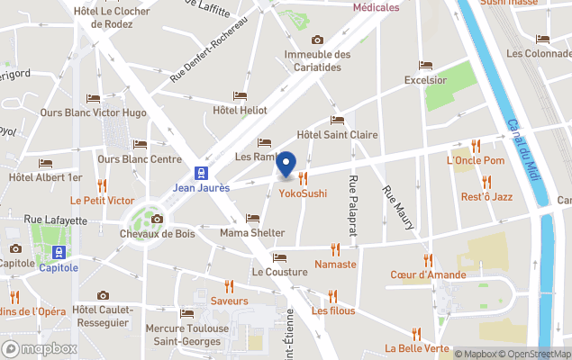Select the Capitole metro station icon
(59, 252)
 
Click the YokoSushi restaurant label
(303, 193)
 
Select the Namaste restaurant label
(335, 265)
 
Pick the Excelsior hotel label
(425, 80)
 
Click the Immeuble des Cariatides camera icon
(317, 40)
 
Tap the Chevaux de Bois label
(157, 234)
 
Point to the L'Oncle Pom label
(476, 160)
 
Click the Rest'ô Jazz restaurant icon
(486, 182)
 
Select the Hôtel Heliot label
(240, 110)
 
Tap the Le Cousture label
(279, 272)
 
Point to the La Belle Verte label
(416, 348)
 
